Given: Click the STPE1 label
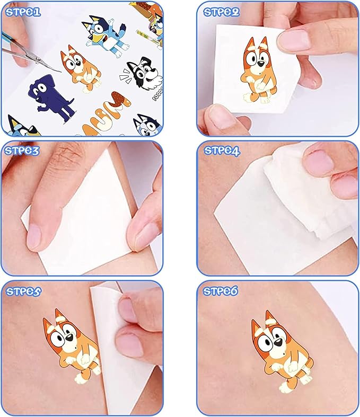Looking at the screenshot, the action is [x=23, y=12].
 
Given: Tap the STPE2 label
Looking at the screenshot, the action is [x=222, y=12].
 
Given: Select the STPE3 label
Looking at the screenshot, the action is [x=22, y=150].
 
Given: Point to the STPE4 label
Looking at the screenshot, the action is [x=222, y=151].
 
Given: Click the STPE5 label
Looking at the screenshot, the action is [x=23, y=291].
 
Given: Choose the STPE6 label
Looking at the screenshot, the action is [x=221, y=291].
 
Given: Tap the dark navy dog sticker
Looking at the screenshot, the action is [x=50, y=99].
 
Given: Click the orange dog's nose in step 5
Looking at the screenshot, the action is [x=69, y=338].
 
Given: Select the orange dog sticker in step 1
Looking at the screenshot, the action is [x=80, y=68].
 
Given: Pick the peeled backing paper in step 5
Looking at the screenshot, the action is [x=117, y=345].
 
